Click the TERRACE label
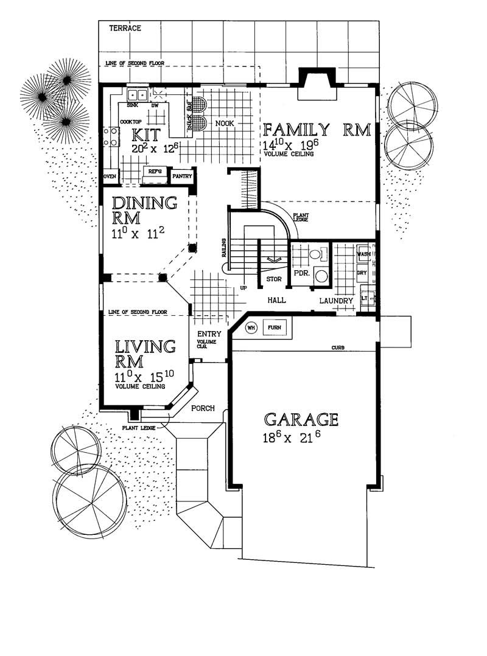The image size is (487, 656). coord(125,29)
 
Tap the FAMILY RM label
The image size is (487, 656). coord(317,130)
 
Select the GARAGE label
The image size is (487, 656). coord(301,419)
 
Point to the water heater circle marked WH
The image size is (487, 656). coord(251,327)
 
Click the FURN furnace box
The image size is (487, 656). coord(275,327)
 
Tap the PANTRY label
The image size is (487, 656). coord(183,176)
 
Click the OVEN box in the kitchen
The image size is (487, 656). coord(110,176)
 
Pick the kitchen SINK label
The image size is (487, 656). coord(132,105)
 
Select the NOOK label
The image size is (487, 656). coord(225,124)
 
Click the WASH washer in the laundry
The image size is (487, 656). coord(363,254)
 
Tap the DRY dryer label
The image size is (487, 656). coord(362,273)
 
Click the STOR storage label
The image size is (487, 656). coord(273,279)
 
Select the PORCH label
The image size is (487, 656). coord(203,408)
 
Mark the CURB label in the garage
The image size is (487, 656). coord(338,347)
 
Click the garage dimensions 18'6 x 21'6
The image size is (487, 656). coord(292,438)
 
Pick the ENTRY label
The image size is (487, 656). coord(209,334)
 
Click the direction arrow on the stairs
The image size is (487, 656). coord(273,260)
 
